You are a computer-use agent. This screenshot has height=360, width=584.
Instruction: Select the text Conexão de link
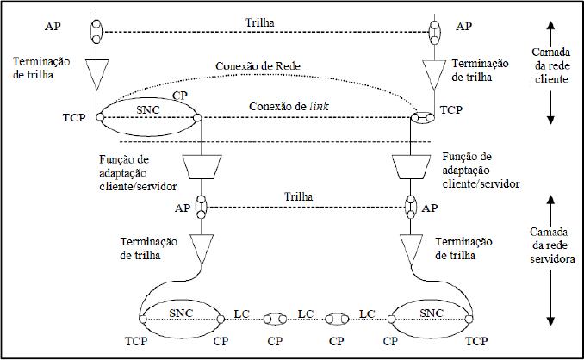tap(287, 106)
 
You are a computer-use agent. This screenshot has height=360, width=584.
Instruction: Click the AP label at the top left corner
tap(51, 27)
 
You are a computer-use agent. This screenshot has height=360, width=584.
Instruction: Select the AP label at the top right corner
tap(463, 27)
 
